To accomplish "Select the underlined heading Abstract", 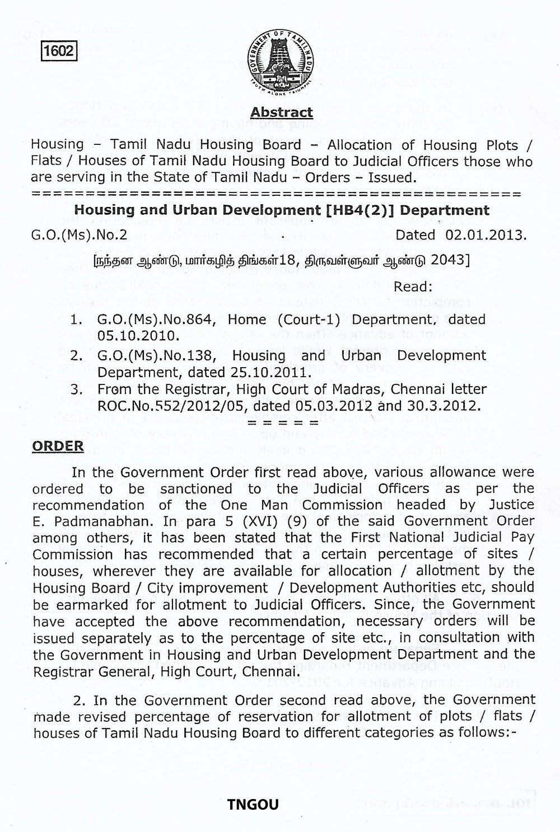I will click(x=281, y=112).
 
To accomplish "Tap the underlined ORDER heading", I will click(x=58, y=446).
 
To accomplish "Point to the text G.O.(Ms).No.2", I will click(x=79, y=234).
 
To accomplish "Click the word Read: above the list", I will click(x=413, y=287).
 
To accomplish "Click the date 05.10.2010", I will click(x=138, y=336).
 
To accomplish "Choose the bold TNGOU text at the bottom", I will click(x=253, y=805).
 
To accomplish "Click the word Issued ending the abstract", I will click(x=391, y=178).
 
